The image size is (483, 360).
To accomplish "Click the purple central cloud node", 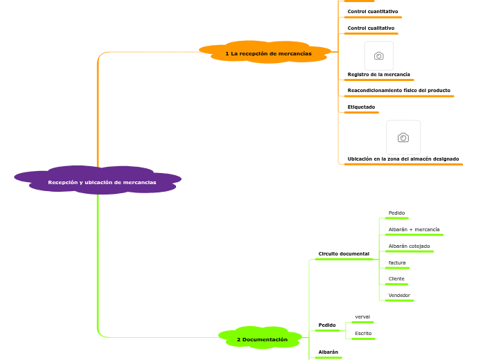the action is click(98, 180).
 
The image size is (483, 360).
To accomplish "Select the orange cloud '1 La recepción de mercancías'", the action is click(265, 52).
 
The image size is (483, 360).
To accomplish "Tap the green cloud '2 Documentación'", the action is click(261, 338).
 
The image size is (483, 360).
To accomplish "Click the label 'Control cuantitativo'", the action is click(373, 11).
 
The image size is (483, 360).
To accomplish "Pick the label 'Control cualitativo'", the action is click(371, 28).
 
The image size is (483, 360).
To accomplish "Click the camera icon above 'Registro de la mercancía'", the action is click(379, 55).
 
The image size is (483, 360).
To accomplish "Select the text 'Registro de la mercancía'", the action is click(378, 75).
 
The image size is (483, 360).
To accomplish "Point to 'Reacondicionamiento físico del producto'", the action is click(399, 91).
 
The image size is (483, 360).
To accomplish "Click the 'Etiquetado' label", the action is click(361, 107).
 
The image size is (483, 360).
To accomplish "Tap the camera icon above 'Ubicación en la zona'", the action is click(403, 138).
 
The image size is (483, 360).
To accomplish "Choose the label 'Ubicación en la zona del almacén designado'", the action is click(403, 159).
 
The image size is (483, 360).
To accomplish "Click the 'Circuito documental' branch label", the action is click(344, 254).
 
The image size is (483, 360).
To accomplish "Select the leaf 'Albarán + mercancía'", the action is click(414, 230).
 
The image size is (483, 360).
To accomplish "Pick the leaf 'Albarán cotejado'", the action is click(409, 246).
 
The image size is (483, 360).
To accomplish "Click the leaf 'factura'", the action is click(397, 263).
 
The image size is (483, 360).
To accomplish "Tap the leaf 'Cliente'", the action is click(396, 279).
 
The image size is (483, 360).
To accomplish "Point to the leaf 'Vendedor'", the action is click(399, 296).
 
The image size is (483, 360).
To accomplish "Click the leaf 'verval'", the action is click(362, 317).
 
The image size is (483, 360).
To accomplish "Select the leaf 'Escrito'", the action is click(363, 334).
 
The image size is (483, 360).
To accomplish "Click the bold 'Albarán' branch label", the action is click(328, 352).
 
